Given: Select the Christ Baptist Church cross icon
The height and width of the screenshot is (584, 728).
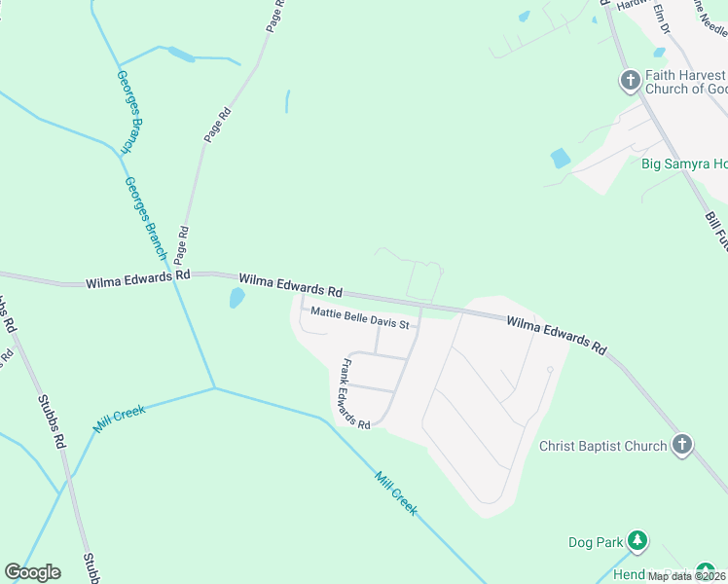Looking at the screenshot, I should pos(682,446).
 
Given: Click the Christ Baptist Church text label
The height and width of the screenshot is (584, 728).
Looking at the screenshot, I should pos(603,447).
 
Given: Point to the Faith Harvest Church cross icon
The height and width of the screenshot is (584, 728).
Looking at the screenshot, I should pos(630,81).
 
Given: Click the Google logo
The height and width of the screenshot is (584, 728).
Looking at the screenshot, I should pos(32,572).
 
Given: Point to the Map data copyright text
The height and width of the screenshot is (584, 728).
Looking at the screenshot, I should pos(686,576).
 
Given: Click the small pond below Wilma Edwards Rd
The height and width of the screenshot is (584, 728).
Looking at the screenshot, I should pos(237,298).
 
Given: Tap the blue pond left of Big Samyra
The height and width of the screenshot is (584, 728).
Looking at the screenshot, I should pos(560,158).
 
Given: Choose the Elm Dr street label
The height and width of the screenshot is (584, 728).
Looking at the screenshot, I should pos(662,17).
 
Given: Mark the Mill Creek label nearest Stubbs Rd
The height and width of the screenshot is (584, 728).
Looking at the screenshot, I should pos(120,419).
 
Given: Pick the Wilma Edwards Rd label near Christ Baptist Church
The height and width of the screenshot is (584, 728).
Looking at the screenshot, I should pos(557,333).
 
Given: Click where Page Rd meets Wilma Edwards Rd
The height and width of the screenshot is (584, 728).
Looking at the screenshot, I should pos(178,275).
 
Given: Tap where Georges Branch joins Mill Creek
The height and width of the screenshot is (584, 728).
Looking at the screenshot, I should pos(214,388).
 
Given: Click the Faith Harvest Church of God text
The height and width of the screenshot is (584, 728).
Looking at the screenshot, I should pos(685,82).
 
